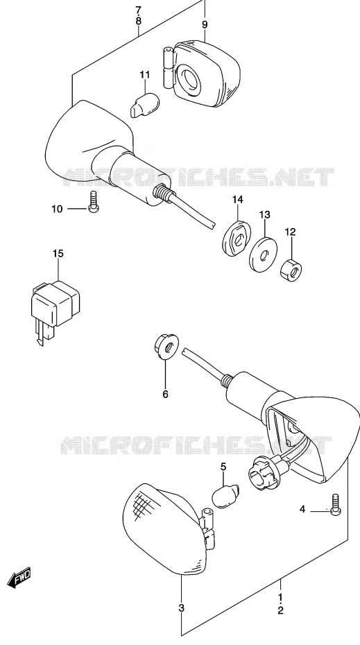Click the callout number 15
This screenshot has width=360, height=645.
point(58,253)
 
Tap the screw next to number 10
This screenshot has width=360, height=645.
point(94,202)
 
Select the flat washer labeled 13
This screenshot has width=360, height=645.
point(264,255)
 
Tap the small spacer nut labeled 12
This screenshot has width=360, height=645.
point(291,270)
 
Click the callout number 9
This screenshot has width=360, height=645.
point(205,25)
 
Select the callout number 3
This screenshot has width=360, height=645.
point(182,608)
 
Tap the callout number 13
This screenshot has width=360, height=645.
point(264,214)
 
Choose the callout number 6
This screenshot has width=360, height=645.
point(165,394)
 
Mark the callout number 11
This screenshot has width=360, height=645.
point(144,75)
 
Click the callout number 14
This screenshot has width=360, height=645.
point(237,200)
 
